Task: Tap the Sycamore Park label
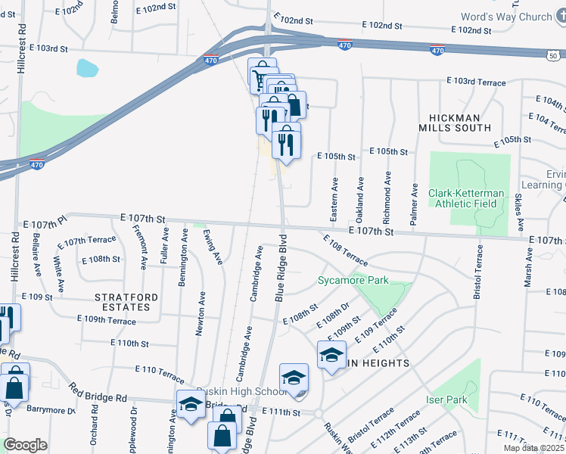[x=353, y=281]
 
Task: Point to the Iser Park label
[x=446, y=400]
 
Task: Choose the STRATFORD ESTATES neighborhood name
[x=122, y=302]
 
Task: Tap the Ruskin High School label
[x=239, y=391]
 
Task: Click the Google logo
[x=25, y=444]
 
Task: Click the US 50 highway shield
[x=555, y=54]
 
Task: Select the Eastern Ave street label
[x=334, y=199]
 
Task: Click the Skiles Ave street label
[x=519, y=213]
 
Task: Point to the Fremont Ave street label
[x=140, y=247]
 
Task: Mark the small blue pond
[x=87, y=69]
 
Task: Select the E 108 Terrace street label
[x=345, y=250]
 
